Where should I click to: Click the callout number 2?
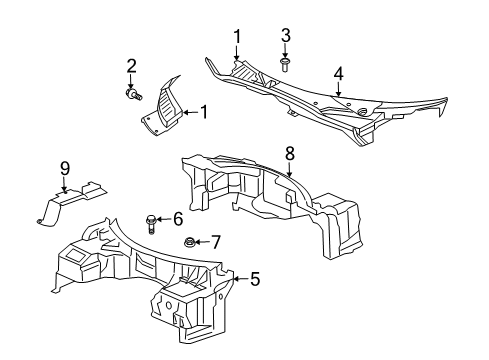coord(131,66)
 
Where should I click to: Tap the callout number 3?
coord(286,37)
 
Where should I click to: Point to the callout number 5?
coord(254,280)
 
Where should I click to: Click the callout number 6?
coord(177,219)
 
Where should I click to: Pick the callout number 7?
coord(215,241)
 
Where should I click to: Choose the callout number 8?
coord(289,154)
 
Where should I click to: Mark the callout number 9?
coord(64,166)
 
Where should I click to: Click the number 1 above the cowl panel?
coord(237,37)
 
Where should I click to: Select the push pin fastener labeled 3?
coord(286,65)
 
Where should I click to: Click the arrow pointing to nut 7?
coord(202,241)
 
